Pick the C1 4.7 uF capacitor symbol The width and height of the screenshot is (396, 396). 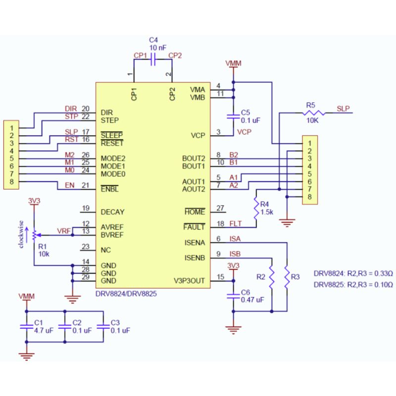(x=26, y=326)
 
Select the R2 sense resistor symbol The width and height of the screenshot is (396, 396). (x=272, y=280)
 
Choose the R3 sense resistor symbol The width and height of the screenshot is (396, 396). (x=287, y=276)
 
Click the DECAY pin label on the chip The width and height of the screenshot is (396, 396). (x=112, y=212)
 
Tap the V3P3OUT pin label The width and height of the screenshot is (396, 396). (x=189, y=281)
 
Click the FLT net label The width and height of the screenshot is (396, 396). (x=236, y=224)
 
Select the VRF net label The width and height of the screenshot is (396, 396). (x=63, y=231)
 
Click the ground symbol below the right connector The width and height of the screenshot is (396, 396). (x=287, y=222)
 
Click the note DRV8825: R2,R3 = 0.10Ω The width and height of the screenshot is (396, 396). (x=353, y=285)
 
